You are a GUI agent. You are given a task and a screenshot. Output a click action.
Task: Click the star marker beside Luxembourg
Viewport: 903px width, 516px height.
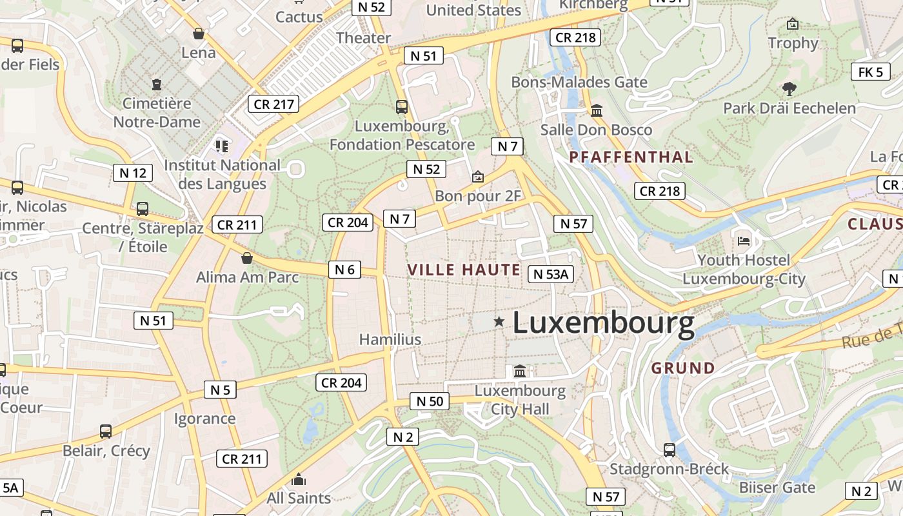[x=499, y=321]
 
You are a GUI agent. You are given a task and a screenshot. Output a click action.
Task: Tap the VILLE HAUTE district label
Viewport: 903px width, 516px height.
[x=464, y=270]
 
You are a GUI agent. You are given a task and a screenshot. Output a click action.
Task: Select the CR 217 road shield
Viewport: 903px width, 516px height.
[x=274, y=104]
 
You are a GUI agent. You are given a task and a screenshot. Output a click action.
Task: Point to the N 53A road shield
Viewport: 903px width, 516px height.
[x=550, y=274]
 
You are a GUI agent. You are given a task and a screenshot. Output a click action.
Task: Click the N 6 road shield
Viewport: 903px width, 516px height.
[x=344, y=270]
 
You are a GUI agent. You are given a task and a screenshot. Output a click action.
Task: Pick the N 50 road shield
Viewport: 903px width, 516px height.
[x=430, y=401]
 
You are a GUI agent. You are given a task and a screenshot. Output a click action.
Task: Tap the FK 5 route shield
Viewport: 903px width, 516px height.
[x=870, y=72]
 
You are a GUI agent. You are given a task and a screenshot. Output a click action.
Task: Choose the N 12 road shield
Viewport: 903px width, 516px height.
[x=133, y=173]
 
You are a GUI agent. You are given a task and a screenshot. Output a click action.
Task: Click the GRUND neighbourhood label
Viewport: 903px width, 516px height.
[x=683, y=368]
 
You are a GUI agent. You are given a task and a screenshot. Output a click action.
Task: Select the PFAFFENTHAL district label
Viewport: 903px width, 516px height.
[x=631, y=157]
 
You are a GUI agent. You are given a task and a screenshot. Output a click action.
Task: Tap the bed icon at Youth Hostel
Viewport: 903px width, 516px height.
[x=744, y=241]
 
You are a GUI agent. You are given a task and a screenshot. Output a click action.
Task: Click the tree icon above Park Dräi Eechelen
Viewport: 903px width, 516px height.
[x=789, y=89]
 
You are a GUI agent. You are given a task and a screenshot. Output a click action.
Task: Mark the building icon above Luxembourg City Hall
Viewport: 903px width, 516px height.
[x=520, y=372]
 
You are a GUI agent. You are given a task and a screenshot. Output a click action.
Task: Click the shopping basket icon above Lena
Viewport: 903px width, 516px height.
[x=199, y=34]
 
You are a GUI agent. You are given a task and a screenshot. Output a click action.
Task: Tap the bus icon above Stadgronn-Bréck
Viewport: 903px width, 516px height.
[x=670, y=450]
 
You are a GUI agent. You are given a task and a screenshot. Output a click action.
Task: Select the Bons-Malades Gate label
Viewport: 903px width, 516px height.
[x=579, y=82]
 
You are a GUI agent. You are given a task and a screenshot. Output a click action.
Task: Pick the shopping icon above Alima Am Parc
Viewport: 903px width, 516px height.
[x=246, y=259]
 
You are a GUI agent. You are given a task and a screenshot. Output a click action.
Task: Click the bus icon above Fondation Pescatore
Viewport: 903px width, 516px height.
[x=402, y=106]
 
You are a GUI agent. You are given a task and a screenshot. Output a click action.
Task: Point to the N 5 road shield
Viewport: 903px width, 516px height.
[x=220, y=390]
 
